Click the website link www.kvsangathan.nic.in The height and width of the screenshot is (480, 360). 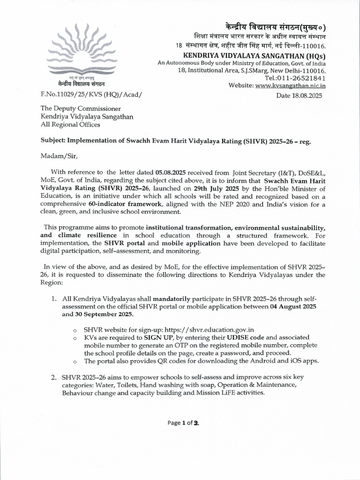[291, 85]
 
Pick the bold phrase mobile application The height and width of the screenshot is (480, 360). [191, 244]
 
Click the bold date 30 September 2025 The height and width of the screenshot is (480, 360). [97, 314]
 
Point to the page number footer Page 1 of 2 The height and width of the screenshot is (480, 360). [180, 423]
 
